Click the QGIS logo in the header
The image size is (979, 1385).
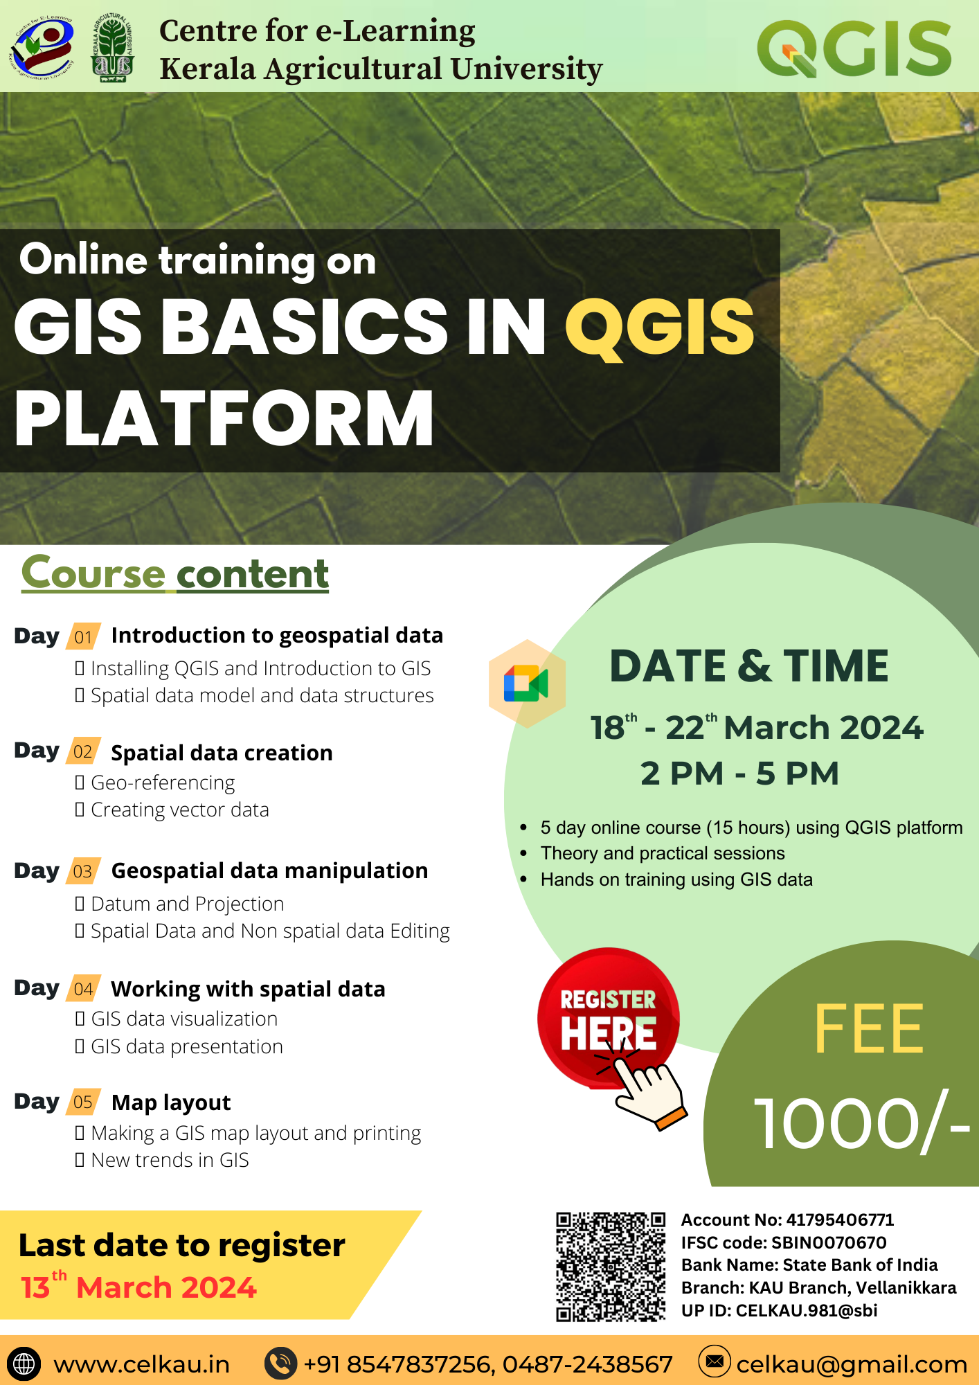(854, 48)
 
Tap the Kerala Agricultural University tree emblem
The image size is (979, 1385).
(113, 47)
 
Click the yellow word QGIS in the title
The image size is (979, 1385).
(660, 327)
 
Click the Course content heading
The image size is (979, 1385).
(175, 573)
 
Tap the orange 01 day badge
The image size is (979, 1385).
(83, 636)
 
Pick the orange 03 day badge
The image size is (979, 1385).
(83, 871)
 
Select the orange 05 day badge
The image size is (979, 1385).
(83, 1102)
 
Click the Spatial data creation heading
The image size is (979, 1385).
(222, 753)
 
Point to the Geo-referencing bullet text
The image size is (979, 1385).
(163, 783)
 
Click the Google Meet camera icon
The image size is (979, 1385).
(526, 683)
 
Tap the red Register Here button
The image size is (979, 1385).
(609, 1018)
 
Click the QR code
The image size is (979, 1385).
(610, 1267)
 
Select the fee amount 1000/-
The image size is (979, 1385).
(862, 1123)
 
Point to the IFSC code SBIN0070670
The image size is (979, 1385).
(829, 1243)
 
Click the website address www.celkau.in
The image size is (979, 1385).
(142, 1364)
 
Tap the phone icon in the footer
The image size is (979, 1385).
(280, 1363)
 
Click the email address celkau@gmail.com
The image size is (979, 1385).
(852, 1365)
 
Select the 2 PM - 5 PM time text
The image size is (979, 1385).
(739, 774)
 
